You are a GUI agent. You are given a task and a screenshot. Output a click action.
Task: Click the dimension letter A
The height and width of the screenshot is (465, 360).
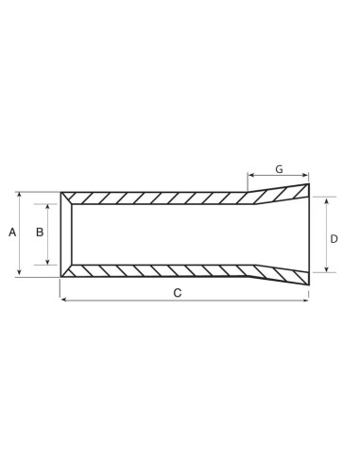pos(12,232)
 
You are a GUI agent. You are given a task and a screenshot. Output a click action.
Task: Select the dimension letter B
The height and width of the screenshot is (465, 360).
pos(40,232)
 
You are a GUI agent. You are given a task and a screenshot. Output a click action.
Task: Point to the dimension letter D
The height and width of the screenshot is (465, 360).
pos(334,239)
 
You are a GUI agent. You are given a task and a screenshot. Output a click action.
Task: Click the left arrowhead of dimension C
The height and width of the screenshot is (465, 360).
pos(63,301)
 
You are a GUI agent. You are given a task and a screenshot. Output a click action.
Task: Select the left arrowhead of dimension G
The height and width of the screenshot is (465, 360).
pos(250,176)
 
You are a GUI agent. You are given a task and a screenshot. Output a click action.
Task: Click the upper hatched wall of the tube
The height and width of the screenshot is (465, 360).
pos(161,198)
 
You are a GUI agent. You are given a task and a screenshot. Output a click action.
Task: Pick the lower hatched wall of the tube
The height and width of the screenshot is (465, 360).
pos(161,269)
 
